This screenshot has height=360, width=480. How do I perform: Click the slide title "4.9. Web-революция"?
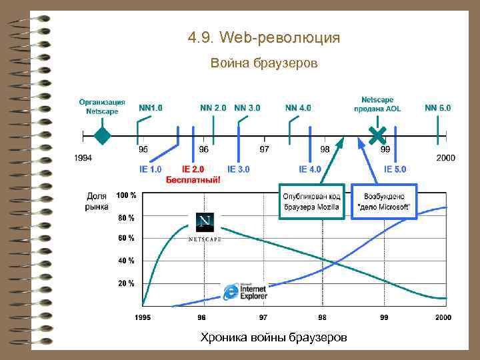(264, 38)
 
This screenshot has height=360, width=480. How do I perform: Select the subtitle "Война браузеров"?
(264, 64)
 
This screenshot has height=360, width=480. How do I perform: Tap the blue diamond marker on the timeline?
(101, 136)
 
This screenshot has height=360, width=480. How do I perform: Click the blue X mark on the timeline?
(377, 135)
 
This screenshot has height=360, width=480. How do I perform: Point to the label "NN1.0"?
(150, 107)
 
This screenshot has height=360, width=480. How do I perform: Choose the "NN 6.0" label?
(437, 107)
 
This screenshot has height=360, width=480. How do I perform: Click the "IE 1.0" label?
(150, 169)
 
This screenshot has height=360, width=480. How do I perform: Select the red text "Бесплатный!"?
(193, 180)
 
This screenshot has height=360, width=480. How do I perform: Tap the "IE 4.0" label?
(310, 169)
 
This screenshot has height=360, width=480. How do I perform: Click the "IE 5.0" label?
(395, 169)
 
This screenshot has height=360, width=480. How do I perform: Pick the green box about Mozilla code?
(312, 201)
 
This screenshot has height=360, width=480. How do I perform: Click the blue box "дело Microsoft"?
(384, 201)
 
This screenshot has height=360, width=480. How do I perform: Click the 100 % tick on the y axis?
(126, 195)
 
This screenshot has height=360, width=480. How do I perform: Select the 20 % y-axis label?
(126, 283)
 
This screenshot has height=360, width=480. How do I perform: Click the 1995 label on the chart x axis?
(142, 317)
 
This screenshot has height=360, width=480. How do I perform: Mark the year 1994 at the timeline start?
(83, 158)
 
